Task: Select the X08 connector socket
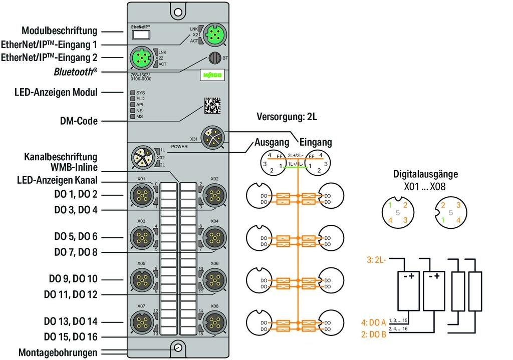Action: pyautogui.click(x=214, y=321)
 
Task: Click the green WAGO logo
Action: pyautogui.click(x=213, y=75)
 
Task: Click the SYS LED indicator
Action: pyautogui.click(x=133, y=93)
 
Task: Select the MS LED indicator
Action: pyautogui.click(x=133, y=117)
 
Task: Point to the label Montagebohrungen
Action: pyautogui.click(x=58, y=352)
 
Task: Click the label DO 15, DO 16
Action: pyautogui.click(x=71, y=336)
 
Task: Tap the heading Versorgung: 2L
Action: pyautogui.click(x=288, y=118)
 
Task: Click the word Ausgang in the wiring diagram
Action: pyautogui.click(x=271, y=142)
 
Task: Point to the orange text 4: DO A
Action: pyautogui.click(x=374, y=322)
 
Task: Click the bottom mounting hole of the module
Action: pyautogui.click(x=177, y=347)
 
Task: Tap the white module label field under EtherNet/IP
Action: pyautogui.click(x=141, y=35)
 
